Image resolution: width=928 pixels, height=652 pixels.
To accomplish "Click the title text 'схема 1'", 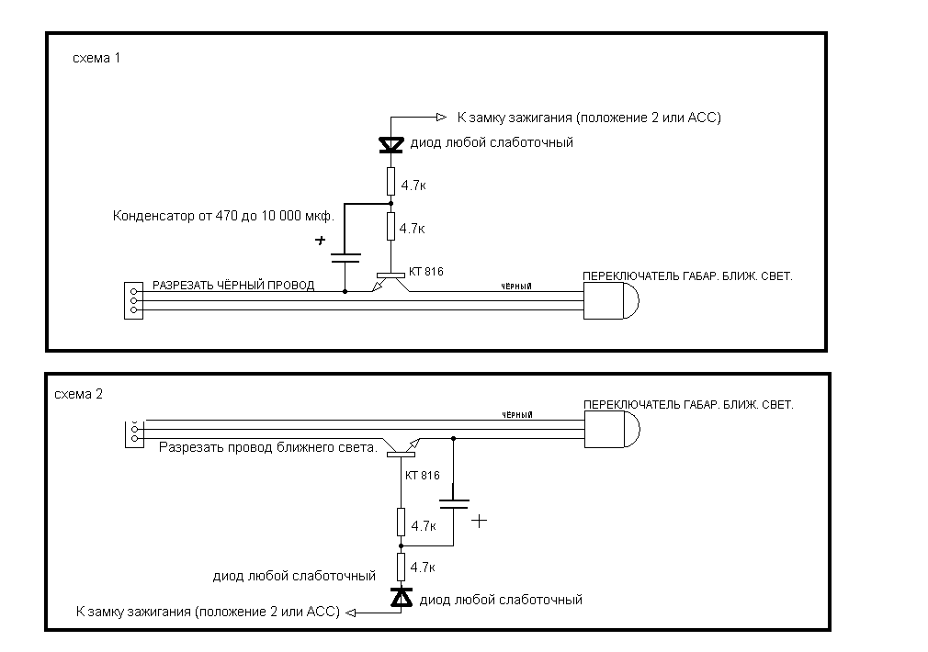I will tap(96, 58).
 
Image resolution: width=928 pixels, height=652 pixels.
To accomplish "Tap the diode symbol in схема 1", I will tap(391, 144).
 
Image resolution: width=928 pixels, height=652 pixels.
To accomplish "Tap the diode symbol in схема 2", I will tap(402, 598).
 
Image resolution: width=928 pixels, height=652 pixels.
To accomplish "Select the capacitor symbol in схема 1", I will tap(345, 256).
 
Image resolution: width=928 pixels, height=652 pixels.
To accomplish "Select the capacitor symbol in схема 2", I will tap(454, 503).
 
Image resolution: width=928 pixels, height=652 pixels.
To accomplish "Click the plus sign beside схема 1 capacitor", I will tap(321, 241).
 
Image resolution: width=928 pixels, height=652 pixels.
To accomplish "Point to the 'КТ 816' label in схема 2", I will tap(422, 476).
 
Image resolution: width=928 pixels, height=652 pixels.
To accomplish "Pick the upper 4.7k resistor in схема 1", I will tap(391, 180).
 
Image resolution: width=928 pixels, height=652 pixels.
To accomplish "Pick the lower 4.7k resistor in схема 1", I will tap(391, 226).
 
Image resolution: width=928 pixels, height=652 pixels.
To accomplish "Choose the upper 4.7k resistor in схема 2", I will tap(402, 522).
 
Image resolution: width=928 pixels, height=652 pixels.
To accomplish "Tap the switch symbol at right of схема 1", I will tap(611, 300).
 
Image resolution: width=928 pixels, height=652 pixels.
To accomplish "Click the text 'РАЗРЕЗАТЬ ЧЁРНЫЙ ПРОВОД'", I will tap(233, 286).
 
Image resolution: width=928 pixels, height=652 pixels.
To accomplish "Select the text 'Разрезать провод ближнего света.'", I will tap(268, 448).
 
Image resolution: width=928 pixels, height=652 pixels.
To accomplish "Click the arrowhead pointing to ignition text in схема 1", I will tap(439, 117).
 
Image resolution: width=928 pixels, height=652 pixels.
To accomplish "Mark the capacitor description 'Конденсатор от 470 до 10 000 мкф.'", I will tap(223, 218).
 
